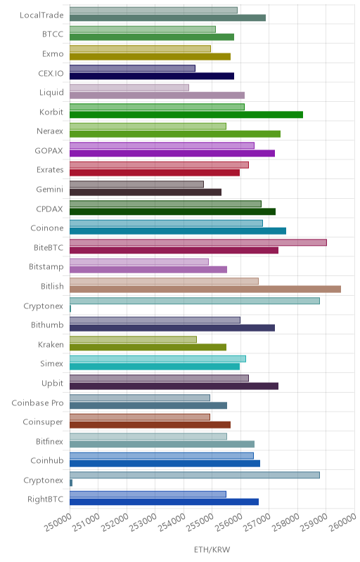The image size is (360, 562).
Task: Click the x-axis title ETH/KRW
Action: click(x=212, y=549)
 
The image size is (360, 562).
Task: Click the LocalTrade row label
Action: click(x=41, y=15)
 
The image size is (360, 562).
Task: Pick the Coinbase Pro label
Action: click(x=37, y=403)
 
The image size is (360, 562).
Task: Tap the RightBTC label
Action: click(x=45, y=499)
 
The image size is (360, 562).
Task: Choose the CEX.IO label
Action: click(x=51, y=74)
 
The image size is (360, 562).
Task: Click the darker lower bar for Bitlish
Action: click(x=205, y=289)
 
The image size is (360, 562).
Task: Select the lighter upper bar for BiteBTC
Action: click(x=198, y=242)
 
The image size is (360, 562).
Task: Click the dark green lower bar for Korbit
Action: click(x=186, y=115)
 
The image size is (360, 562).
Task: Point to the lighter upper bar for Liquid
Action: click(x=129, y=87)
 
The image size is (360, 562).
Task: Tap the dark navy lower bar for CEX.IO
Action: click(x=152, y=76)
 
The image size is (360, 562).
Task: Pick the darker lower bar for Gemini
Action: click(x=146, y=192)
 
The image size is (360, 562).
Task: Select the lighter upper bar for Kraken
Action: click(x=133, y=339)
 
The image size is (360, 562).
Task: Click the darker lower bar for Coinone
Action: click(x=178, y=231)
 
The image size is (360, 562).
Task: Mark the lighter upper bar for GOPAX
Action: click(x=162, y=145)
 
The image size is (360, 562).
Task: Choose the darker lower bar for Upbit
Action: click(x=174, y=386)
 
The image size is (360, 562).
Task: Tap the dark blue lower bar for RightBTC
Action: click(x=164, y=502)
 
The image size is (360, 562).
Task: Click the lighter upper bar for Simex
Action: click(x=157, y=359)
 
